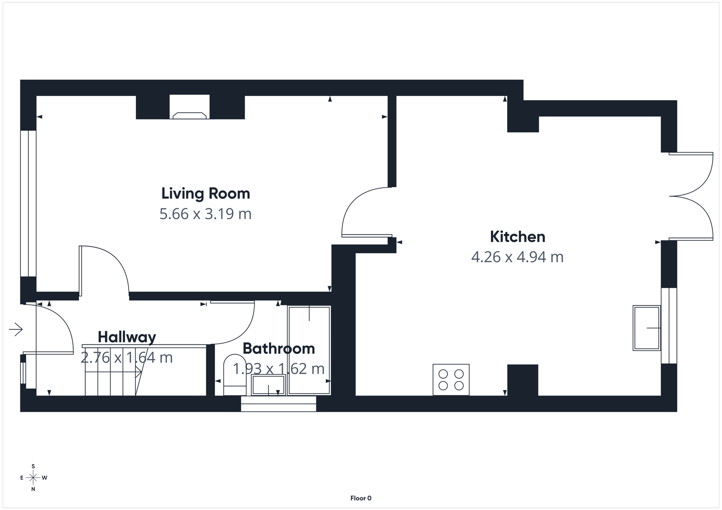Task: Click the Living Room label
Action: pyautogui.click(x=205, y=193)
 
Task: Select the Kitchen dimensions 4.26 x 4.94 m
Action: pyautogui.click(x=517, y=257)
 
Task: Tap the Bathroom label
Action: pyautogui.click(x=278, y=349)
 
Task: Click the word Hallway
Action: pyautogui.click(x=127, y=337)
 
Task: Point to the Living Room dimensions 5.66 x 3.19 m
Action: pyautogui.click(x=205, y=213)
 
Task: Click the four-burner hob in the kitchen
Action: pyautogui.click(x=451, y=380)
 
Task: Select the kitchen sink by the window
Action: pyautogui.click(x=646, y=328)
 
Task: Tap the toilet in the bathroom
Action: pyautogui.click(x=234, y=374)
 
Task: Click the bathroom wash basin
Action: pyautogui.click(x=268, y=386)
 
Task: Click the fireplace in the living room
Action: pyautogui.click(x=190, y=115)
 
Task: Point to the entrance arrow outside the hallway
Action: pyautogui.click(x=16, y=330)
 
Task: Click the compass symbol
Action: pyautogui.click(x=33, y=478)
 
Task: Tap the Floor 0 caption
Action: pyautogui.click(x=361, y=498)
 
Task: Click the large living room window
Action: pyautogui.click(x=28, y=203)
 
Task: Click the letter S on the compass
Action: pyautogui.click(x=33, y=466)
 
